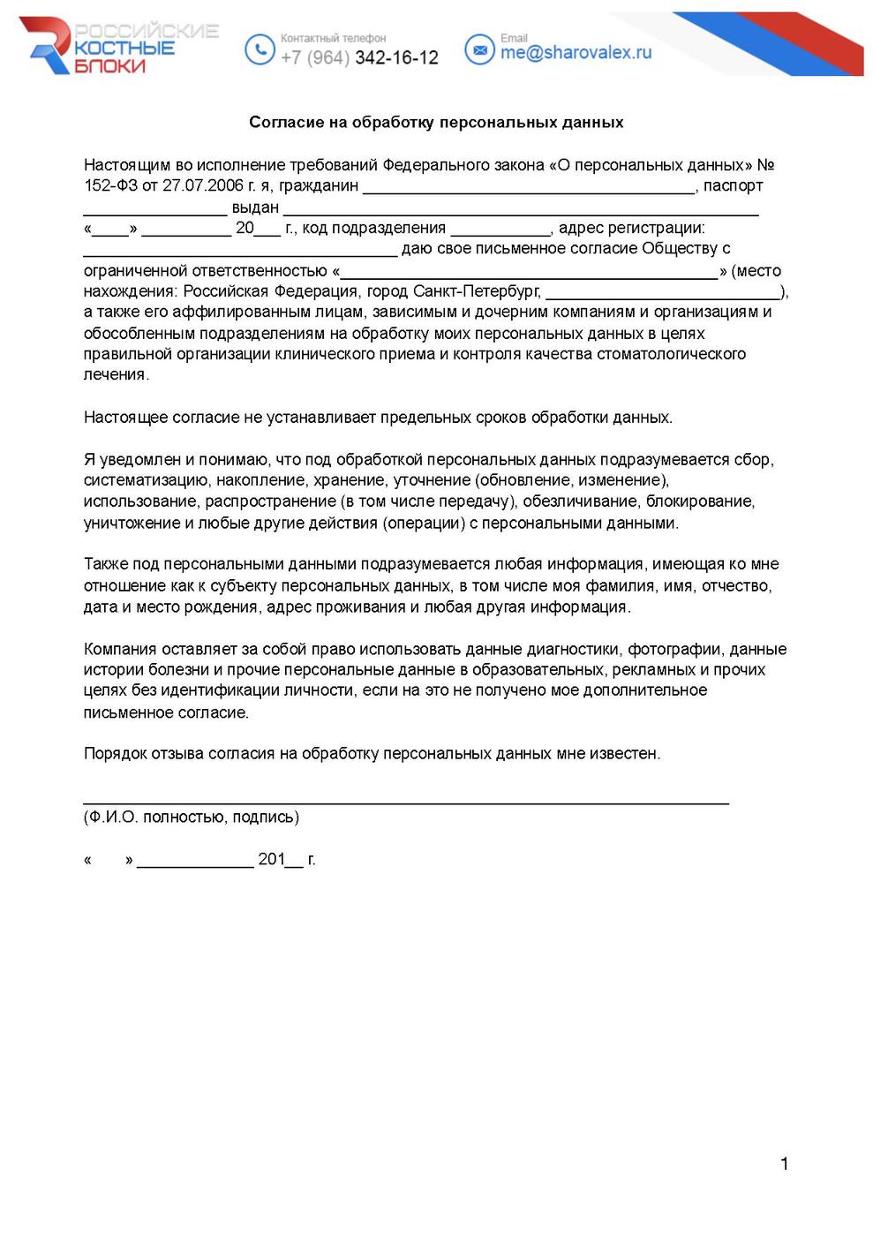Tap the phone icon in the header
(x=260, y=49)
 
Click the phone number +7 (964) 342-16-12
(x=359, y=57)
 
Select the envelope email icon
(x=479, y=50)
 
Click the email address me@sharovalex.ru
(x=576, y=53)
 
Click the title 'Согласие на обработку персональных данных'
(x=436, y=122)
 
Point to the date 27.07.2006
(x=202, y=186)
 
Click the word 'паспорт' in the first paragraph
(x=733, y=186)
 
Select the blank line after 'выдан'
(x=521, y=210)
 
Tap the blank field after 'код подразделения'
(x=500, y=231)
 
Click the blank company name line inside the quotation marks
(x=529, y=274)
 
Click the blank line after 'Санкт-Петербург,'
(x=663, y=295)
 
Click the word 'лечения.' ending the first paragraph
(x=117, y=375)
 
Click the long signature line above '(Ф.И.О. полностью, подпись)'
(x=406, y=802)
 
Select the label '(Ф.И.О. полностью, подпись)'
(x=192, y=818)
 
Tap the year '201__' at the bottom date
(x=280, y=860)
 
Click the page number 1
(x=784, y=1164)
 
